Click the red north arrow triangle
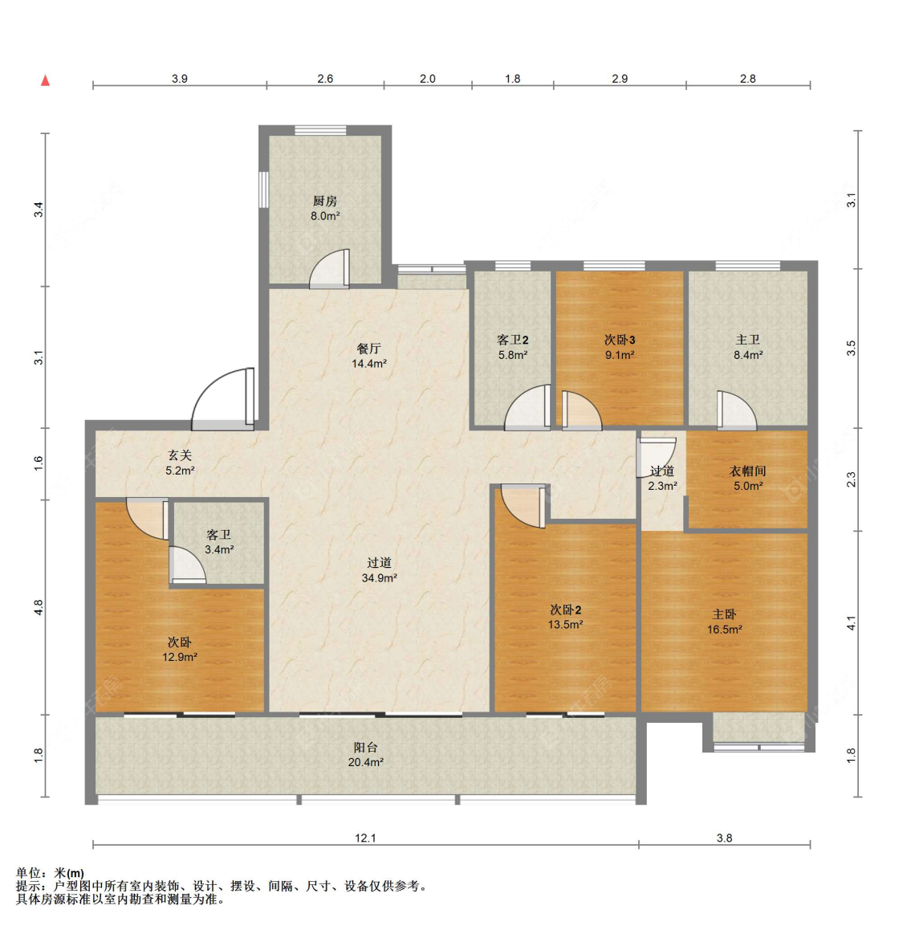(45, 80)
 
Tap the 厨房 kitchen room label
(325, 201)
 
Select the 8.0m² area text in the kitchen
(325, 216)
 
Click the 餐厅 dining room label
(368, 349)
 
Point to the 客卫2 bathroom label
(512, 340)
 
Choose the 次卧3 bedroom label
(620, 340)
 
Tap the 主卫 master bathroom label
(747, 340)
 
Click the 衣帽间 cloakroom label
(747, 471)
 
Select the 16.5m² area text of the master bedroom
(725, 630)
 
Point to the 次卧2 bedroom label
(566, 610)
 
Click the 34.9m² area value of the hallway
(380, 577)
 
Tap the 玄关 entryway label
(180, 455)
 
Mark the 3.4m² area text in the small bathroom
(219, 550)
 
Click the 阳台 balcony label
(365, 748)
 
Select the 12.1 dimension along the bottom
(365, 838)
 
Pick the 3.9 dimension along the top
(180, 78)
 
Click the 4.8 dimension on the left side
(39, 607)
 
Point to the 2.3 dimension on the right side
(852, 479)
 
